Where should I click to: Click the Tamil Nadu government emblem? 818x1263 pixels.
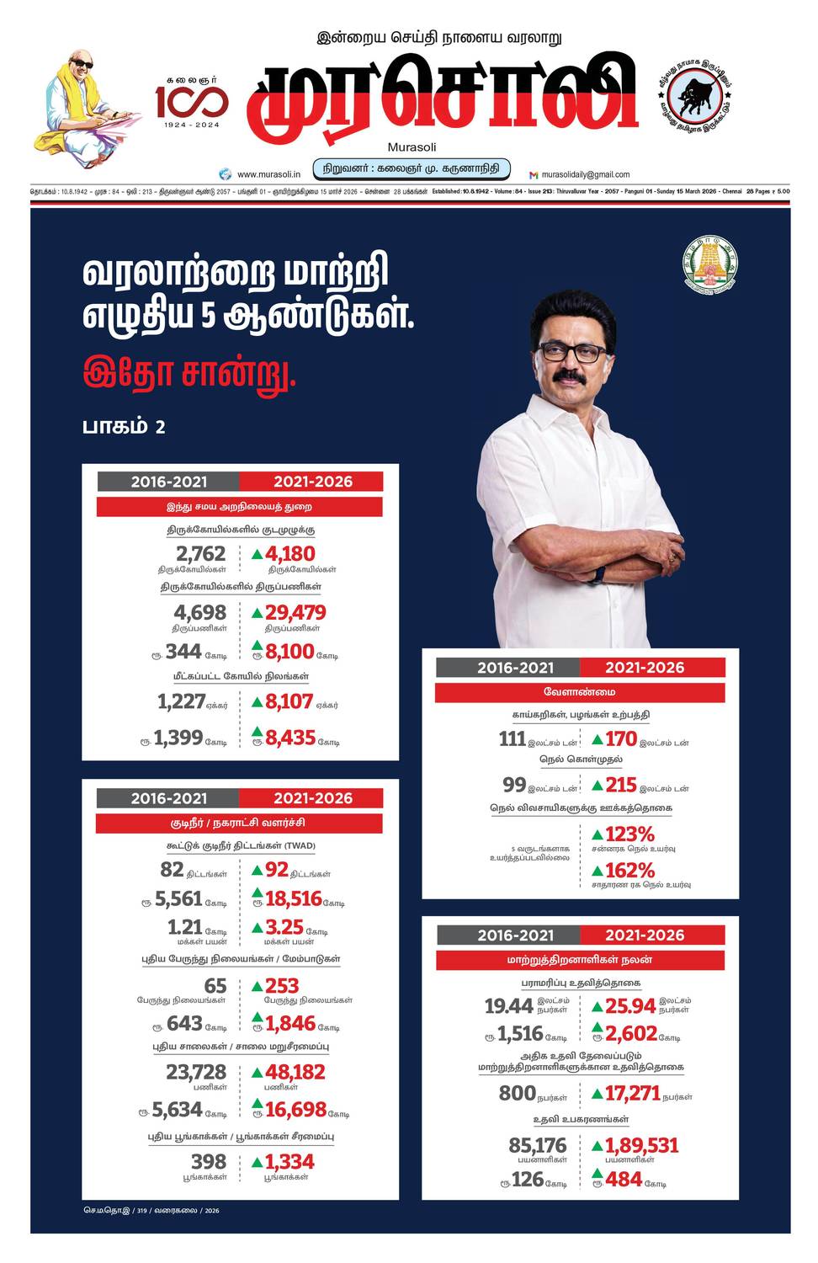tap(710, 264)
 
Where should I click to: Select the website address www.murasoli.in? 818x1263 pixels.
tap(268, 174)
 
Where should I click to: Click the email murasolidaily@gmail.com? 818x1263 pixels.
tap(585, 174)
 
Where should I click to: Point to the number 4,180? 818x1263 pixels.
tap(289, 554)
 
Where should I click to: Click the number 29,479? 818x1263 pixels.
tap(295, 613)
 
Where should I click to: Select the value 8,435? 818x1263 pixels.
tap(289, 738)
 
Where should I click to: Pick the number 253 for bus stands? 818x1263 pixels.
tap(281, 985)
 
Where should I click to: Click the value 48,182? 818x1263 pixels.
tap(295, 1072)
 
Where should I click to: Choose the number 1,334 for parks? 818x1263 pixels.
tap(289, 1162)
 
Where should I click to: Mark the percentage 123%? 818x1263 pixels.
tap(629, 834)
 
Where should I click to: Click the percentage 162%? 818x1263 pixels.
tap(629, 870)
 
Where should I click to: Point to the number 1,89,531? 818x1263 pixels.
tap(641, 1145)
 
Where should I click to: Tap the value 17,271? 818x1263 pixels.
tap(632, 1093)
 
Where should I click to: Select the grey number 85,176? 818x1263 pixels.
tap(537, 1145)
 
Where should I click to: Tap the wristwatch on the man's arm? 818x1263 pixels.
tap(599, 574)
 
